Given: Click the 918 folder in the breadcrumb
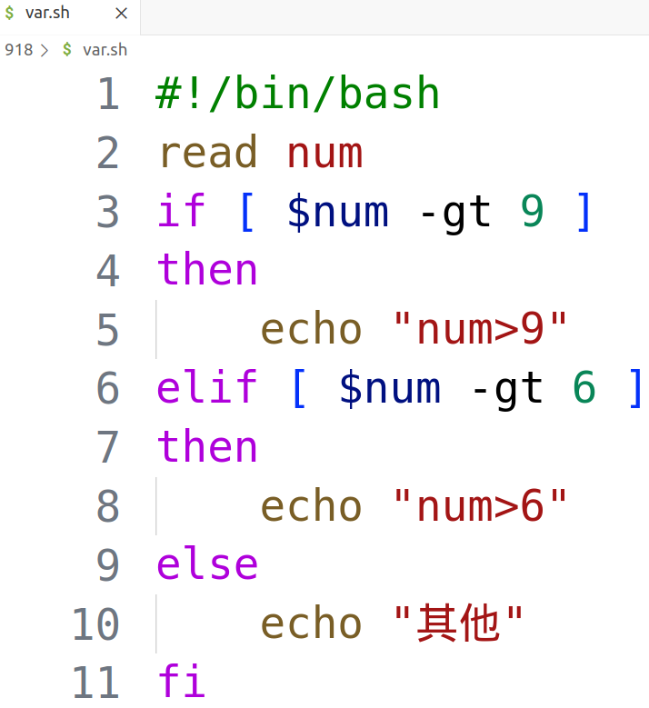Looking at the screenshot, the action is pos(18,49).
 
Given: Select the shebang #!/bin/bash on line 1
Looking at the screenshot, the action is pos(298,95).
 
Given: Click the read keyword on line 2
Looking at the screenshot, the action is pos(208,153).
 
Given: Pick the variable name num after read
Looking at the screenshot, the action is pos(325,153).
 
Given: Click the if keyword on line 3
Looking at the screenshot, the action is pos(182,212).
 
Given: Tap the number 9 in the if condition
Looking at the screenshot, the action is pos(533,212).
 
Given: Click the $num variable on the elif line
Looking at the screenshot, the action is pos(390,388).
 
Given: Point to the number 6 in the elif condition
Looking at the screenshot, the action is pos(584,388).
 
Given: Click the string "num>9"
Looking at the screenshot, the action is pos(481,330).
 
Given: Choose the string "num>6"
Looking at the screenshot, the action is pos(481,506).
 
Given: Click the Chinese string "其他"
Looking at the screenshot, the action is pos(459,623).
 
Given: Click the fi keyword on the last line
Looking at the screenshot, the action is pos(182,682).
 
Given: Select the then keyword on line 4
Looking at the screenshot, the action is pos(208,270).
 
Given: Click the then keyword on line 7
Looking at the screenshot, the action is pos(208,447).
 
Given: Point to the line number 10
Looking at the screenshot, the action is pos(95,623).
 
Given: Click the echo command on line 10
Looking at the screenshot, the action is pos(312,623).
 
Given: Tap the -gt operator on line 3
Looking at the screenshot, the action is pos(454,212).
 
